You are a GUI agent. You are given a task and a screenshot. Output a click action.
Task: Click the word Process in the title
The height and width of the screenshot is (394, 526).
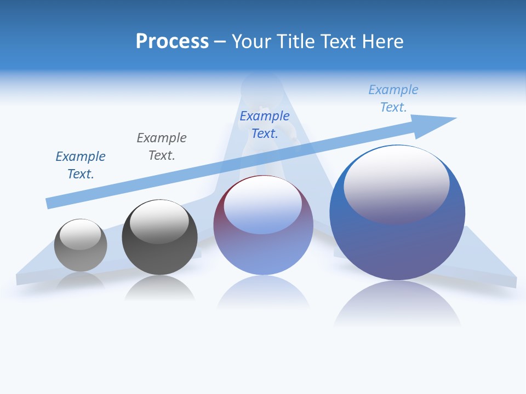coord(172,42)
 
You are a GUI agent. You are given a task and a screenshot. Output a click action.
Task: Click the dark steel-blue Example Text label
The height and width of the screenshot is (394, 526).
coord(81,165)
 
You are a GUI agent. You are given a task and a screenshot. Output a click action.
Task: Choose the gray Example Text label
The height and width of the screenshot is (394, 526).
coord(162,147)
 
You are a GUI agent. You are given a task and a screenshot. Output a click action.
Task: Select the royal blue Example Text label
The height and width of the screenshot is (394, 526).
coord(265,125)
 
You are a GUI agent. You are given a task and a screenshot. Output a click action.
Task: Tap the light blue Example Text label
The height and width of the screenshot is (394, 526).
coord(393,99)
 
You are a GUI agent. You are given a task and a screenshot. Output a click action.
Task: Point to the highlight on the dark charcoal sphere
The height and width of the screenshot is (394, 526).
coord(159,222)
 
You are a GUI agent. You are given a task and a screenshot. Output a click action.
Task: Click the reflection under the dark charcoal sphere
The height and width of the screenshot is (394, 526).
coord(159,288)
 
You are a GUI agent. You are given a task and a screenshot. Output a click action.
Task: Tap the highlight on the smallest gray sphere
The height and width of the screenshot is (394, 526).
coord(80,234)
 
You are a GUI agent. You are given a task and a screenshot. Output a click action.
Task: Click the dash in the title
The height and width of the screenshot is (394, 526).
coord(220,42)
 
